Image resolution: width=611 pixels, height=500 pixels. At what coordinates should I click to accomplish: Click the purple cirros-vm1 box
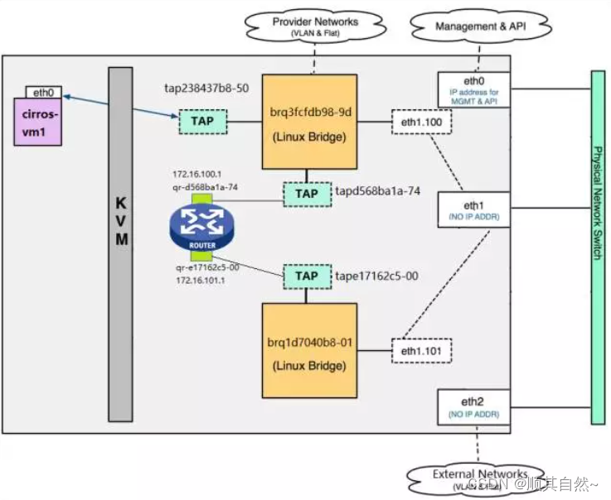coord(38,122)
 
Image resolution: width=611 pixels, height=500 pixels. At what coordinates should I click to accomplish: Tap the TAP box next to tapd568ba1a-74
coord(306,194)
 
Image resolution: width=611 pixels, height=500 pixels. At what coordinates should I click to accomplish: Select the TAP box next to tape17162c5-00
coord(306,276)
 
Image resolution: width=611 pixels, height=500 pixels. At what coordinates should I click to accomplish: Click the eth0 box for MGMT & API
coord(473,89)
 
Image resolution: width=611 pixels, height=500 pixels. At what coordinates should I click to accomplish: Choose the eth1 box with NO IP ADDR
coord(473,209)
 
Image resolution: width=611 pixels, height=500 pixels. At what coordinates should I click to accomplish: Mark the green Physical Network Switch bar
coord(598,247)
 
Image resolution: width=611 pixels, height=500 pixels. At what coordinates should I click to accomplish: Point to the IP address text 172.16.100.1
coord(196,175)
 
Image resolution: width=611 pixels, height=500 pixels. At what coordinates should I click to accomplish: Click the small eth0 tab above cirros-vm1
coord(38,92)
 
